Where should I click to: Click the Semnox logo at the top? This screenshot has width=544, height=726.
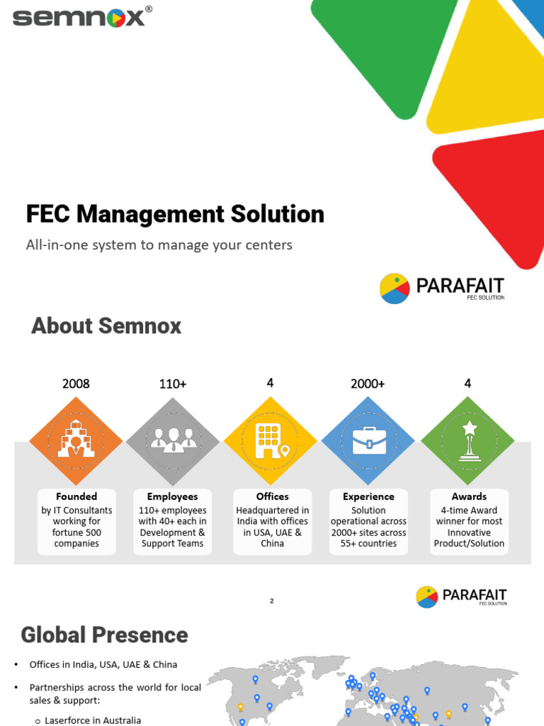point(79,16)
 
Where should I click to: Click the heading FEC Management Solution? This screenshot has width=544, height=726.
point(175,214)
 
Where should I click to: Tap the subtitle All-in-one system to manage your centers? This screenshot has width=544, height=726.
point(159,245)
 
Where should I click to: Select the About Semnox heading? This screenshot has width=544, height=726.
point(106,326)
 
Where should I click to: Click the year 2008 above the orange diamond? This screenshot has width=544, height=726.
point(76,384)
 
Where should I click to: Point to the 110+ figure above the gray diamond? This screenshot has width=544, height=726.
point(173,384)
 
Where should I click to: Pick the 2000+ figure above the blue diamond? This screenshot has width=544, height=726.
point(368,384)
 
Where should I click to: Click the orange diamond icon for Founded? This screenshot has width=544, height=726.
point(76,442)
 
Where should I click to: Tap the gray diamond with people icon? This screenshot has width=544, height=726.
point(173,442)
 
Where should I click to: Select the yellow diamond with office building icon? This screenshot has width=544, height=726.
point(271,442)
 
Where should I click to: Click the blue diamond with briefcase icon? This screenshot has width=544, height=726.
point(368,442)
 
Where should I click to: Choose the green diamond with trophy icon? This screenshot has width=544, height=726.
point(467,442)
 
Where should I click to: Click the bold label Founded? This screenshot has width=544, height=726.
point(76,496)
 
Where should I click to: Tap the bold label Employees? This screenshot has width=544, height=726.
point(172,496)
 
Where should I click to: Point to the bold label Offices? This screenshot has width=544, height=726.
point(272,496)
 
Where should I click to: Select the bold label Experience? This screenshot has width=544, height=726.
point(368,496)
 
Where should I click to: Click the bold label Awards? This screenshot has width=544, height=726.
point(469,496)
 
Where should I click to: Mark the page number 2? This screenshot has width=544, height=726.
point(271,601)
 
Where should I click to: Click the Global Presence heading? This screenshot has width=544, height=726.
point(105,635)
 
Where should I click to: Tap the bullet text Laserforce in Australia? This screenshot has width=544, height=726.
point(93,720)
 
